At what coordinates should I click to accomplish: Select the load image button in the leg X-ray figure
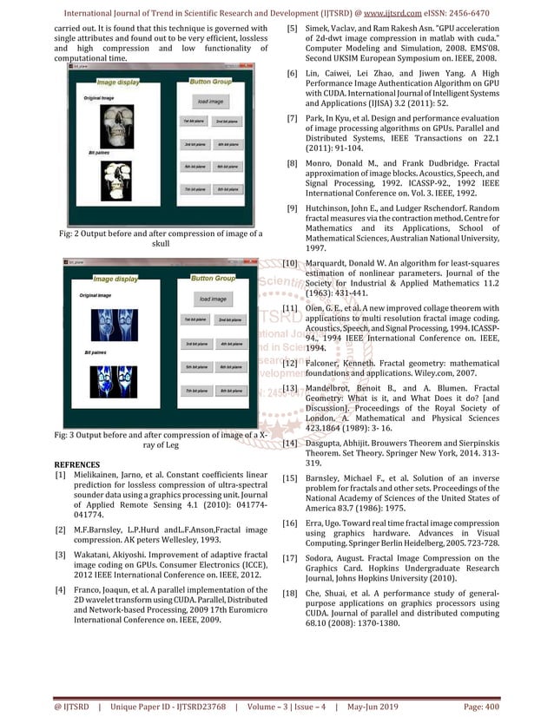[x=213, y=299]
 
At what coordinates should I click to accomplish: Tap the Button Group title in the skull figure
[x=211, y=81]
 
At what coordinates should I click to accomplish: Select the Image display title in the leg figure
[x=115, y=279]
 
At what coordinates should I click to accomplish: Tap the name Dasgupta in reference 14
[x=329, y=444]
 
